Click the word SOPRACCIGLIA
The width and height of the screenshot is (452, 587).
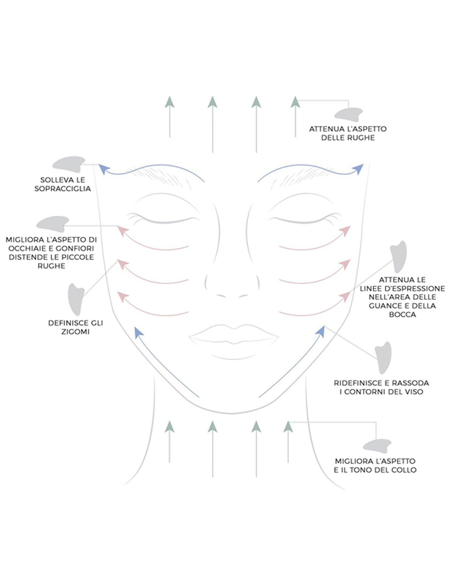click(x=62, y=189)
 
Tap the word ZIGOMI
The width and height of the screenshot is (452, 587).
click(x=75, y=332)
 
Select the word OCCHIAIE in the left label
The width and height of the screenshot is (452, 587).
click(x=24, y=248)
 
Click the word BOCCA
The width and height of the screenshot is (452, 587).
click(x=402, y=315)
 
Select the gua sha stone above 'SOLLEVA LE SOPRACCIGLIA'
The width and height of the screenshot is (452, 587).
click(x=68, y=164)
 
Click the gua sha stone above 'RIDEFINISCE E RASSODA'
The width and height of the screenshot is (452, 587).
click(x=383, y=357)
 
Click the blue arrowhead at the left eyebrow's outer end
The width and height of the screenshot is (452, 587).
click(x=103, y=169)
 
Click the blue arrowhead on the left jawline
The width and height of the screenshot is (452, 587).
click(x=138, y=332)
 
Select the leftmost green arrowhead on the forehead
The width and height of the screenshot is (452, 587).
click(x=170, y=102)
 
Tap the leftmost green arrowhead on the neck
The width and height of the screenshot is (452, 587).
click(x=170, y=427)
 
